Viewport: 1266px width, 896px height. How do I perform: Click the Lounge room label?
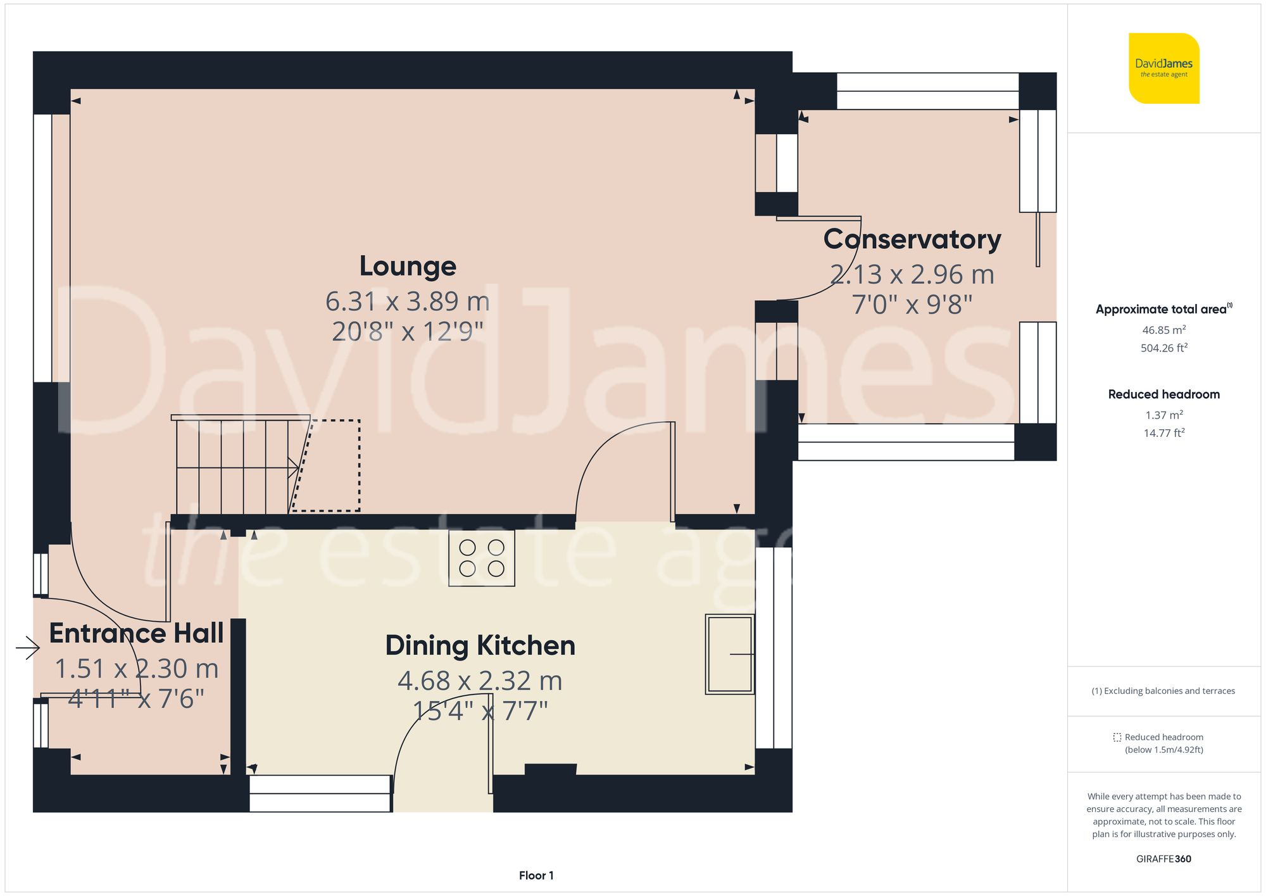tap(408, 266)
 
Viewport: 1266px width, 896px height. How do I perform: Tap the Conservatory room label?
tap(912, 239)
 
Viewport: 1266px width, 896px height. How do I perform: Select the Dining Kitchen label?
tap(480, 646)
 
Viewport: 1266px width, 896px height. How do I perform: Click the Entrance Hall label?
tap(136, 633)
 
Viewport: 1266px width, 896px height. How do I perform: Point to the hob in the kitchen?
tap(481, 558)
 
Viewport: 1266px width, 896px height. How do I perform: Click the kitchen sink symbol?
tap(729, 654)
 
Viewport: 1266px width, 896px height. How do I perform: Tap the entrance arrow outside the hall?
tap(28, 647)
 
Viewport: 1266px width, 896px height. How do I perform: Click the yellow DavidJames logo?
tap(1163, 68)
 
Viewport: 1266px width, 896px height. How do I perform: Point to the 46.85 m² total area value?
tap(1163, 330)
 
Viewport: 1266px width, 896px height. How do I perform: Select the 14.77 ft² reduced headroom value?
tap(1163, 433)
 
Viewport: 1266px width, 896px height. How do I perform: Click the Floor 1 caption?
tap(536, 875)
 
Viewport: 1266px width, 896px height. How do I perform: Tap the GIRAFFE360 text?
tap(1163, 859)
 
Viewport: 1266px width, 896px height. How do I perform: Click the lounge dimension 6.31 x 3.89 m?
tap(408, 301)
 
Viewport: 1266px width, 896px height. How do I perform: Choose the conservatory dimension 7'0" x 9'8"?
tap(912, 305)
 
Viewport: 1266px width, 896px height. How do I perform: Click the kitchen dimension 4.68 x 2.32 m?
tap(480, 681)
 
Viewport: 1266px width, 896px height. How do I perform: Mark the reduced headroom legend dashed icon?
tap(1117, 737)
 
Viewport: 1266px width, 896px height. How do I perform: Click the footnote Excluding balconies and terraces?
tap(1163, 691)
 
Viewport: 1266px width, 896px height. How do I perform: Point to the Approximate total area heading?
tap(1162, 310)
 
